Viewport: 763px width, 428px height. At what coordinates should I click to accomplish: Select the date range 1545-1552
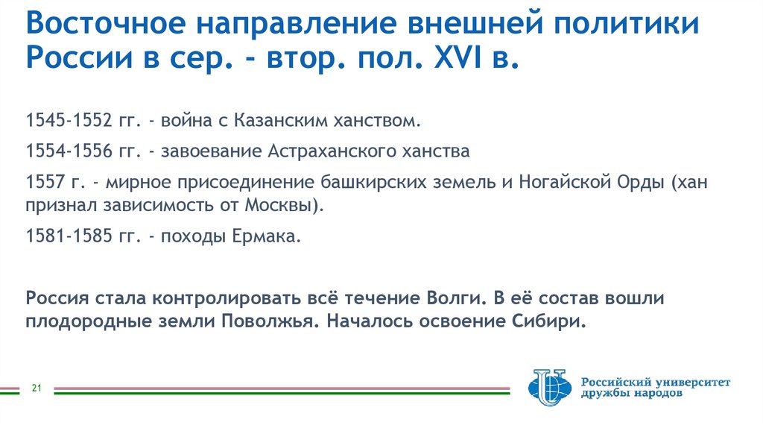pos(68,120)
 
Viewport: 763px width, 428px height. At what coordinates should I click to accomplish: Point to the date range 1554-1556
pos(68,151)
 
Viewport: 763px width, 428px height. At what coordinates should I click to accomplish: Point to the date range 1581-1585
pos(68,238)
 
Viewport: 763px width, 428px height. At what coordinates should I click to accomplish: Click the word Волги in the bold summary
pos(451,299)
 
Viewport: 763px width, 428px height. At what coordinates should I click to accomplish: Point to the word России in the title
pos(68,58)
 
